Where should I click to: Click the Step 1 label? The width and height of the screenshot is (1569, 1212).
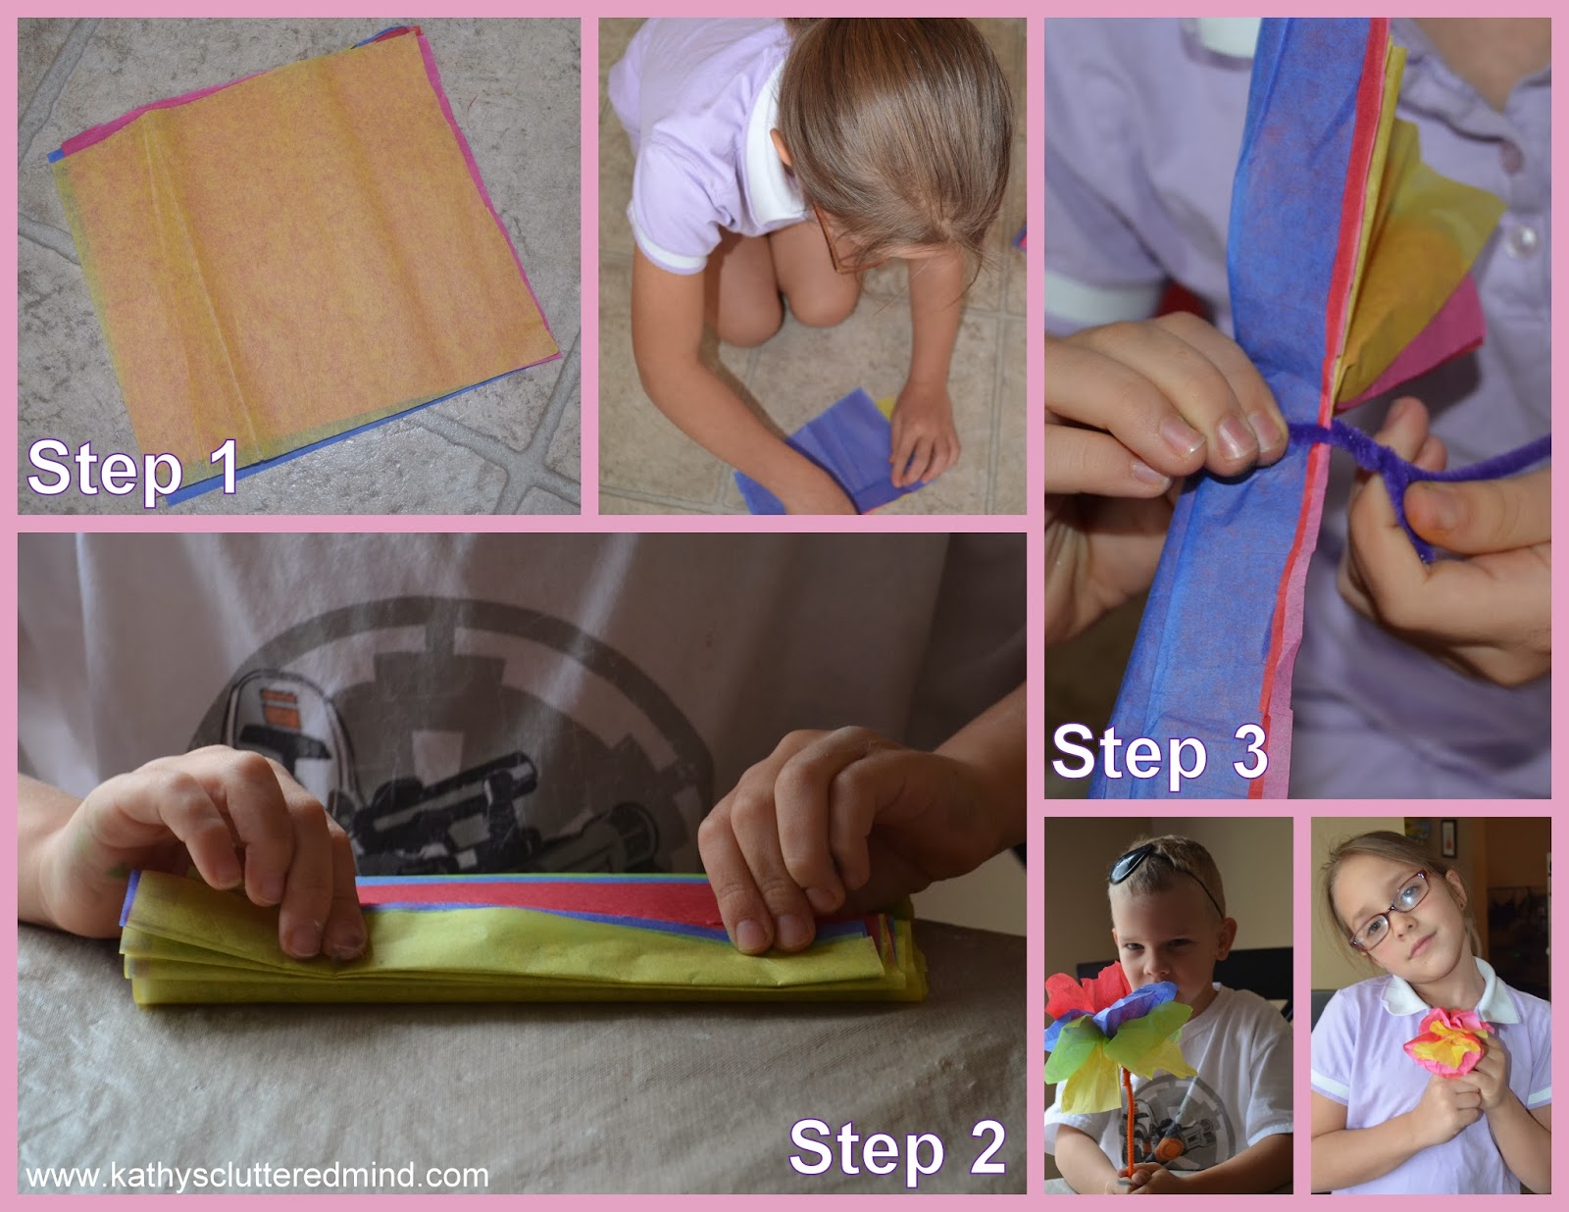(133, 468)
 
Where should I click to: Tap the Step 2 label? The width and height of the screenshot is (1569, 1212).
(897, 1147)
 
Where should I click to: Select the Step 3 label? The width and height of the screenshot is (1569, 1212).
(1160, 754)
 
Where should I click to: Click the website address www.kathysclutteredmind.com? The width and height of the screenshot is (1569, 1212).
(257, 1175)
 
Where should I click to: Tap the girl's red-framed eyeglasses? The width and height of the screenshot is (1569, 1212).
(1391, 911)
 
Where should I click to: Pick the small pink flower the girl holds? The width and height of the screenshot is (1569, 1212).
(1447, 1042)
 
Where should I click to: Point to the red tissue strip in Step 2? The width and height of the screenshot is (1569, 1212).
(541, 902)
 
